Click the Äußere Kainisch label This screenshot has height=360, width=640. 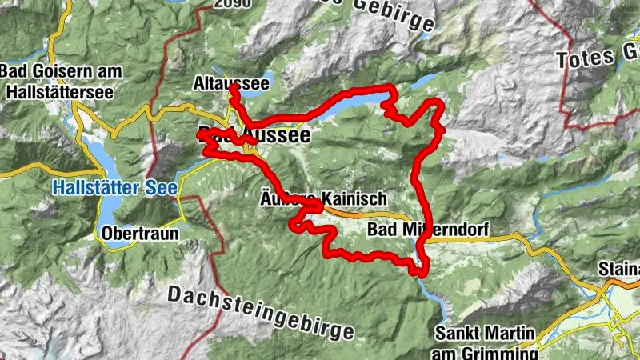point(323,197)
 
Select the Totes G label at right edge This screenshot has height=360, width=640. point(597,59)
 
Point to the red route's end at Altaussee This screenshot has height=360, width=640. point(231,90)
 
